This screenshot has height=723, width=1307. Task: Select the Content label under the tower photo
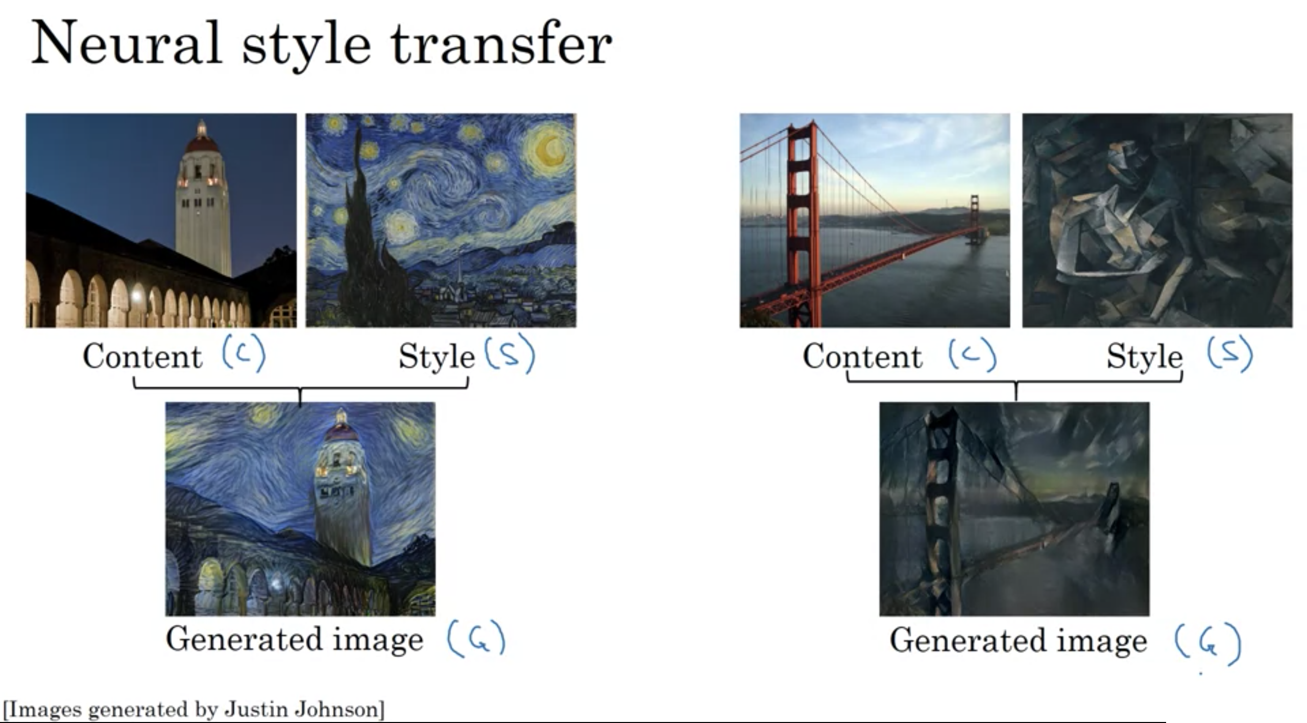pyautogui.click(x=143, y=356)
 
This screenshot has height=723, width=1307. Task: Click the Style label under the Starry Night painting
pyautogui.click(x=437, y=357)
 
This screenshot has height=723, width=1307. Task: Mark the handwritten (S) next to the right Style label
pyautogui.click(x=1229, y=354)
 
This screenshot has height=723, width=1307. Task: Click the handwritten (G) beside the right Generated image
pyautogui.click(x=1208, y=644)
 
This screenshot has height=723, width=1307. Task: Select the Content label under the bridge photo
pyautogui.click(x=863, y=356)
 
